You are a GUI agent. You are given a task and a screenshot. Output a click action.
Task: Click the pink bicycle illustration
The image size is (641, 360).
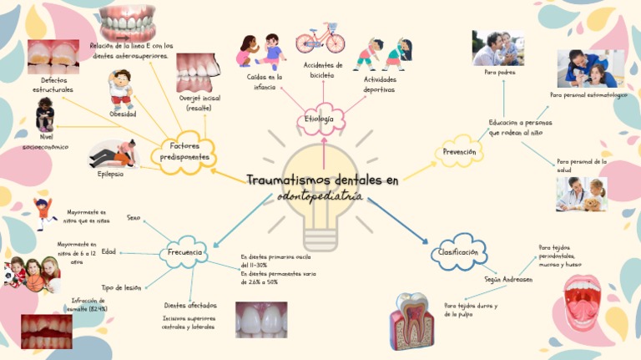pyautogui.click(x=320, y=38)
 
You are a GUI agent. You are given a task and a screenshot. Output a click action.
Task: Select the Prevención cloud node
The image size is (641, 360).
pyautogui.click(x=460, y=152)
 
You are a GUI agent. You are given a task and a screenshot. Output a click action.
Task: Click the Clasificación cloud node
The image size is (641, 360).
pyautogui.click(x=458, y=252)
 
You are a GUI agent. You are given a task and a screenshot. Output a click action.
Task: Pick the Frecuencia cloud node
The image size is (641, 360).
pyautogui.click(x=184, y=251)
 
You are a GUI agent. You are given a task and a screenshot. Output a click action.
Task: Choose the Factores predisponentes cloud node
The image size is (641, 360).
pyautogui.click(x=184, y=151)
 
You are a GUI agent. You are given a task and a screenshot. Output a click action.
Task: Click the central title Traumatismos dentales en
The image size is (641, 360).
pyautogui.click(x=322, y=180)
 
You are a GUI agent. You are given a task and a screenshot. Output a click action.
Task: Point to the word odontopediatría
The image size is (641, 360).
pyautogui.click(x=320, y=196)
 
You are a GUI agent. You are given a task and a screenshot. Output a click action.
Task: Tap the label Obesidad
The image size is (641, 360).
pyautogui.click(x=123, y=114)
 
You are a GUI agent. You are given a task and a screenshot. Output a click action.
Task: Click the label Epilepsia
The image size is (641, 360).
pyautogui.click(x=110, y=174)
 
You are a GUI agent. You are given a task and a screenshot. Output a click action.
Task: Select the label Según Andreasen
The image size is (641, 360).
pyautogui.click(x=508, y=279)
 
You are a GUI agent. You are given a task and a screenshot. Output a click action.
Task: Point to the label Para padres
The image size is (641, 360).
pyautogui.click(x=500, y=73)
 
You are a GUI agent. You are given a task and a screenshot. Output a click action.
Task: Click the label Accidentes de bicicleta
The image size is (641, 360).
pyautogui.click(x=323, y=70)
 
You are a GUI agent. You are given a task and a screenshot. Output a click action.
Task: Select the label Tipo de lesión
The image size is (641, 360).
pyautogui.click(x=121, y=287)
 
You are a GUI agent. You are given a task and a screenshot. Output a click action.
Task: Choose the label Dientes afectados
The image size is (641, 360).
pyautogui.click(x=190, y=306)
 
